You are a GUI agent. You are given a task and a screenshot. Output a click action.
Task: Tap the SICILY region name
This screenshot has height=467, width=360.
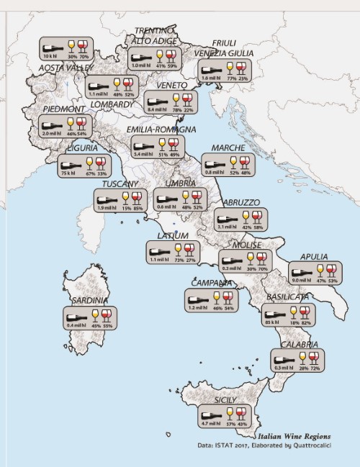(228, 399)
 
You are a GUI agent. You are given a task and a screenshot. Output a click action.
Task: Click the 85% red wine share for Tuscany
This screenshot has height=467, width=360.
(138, 208)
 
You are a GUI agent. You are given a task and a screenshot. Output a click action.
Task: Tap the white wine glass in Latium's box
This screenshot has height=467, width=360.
(179, 249)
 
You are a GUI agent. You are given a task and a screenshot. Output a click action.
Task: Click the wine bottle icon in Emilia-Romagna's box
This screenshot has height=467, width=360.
(143, 143)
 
